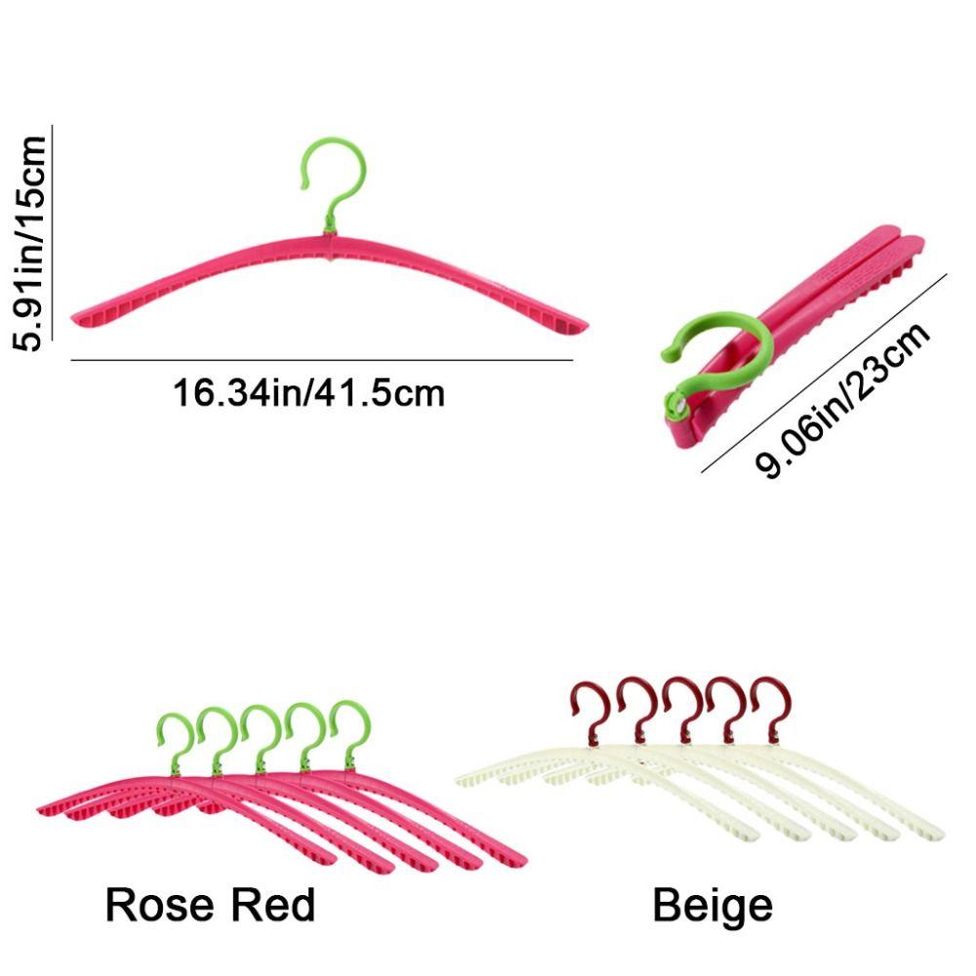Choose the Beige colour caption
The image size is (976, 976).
pos(712,905)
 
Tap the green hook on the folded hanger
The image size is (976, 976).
pos(717,349)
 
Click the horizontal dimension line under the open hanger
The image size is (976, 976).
pos(322,361)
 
